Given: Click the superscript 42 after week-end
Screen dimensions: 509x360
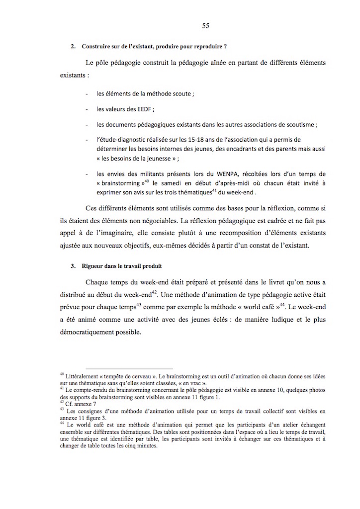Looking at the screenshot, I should (154, 291).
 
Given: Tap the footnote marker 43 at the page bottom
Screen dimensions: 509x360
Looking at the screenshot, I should (61, 410).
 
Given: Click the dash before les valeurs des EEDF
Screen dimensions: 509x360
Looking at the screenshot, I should (87, 108).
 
